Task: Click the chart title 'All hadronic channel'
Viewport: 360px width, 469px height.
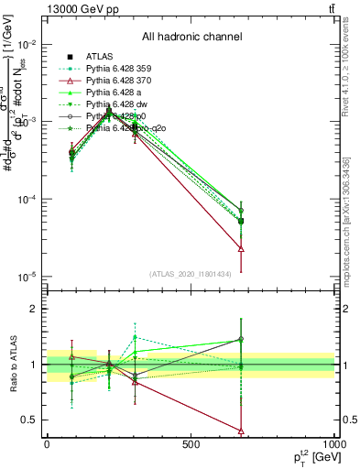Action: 191,38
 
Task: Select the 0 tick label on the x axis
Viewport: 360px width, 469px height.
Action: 47,443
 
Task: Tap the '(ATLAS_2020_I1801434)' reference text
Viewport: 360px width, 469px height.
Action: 191,273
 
